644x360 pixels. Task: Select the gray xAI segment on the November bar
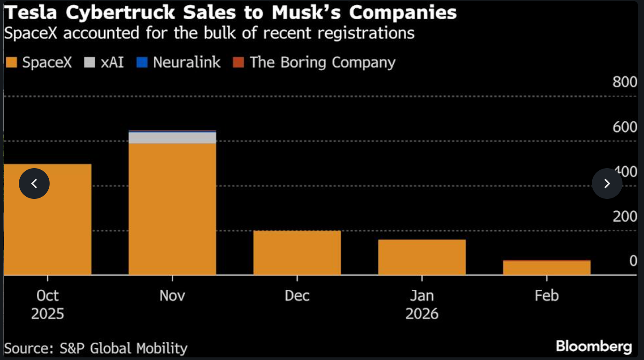(x=172, y=138)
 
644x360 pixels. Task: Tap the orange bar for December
(x=297, y=253)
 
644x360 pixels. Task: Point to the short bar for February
(x=547, y=268)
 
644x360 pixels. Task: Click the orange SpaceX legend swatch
(x=11, y=62)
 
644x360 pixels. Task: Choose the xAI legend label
(x=112, y=62)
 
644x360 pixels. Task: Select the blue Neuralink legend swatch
(x=142, y=62)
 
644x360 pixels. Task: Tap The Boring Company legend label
(x=322, y=62)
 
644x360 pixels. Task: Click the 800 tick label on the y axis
(x=625, y=82)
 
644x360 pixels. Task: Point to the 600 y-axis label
(x=625, y=127)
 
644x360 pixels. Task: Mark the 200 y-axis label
(x=625, y=216)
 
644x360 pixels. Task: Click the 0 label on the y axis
(x=633, y=261)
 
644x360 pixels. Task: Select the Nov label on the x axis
(x=172, y=295)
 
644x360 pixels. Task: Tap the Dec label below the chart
(x=297, y=295)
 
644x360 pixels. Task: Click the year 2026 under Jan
(x=422, y=314)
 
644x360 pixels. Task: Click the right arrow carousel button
(x=607, y=184)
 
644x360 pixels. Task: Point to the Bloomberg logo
(x=594, y=346)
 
